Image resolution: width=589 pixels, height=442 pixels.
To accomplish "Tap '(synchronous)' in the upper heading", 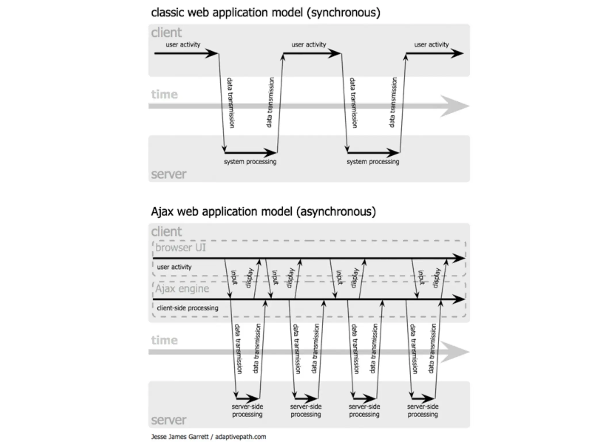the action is point(343,13).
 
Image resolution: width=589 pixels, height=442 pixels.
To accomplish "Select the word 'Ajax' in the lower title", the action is point(162,212).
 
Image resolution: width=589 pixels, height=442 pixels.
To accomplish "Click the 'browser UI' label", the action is point(181,248).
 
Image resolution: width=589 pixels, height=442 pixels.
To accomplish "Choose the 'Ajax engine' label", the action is point(182,289).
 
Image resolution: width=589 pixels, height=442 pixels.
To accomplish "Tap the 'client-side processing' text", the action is point(188,308).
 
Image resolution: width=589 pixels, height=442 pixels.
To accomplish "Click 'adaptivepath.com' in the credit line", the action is point(240,437).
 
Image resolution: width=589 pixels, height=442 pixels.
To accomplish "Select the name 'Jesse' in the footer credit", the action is point(159,437).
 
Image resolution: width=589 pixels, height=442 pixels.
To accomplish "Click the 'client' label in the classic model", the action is point(167,33).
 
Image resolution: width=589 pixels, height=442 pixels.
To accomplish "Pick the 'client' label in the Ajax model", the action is point(167,232).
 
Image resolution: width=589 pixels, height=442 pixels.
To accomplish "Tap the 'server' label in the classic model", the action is point(169,174).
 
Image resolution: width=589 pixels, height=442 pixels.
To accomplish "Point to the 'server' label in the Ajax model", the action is point(169,420).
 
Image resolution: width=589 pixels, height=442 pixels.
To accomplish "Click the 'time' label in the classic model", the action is point(165,95).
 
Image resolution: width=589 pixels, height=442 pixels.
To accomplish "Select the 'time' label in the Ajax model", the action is point(165,340).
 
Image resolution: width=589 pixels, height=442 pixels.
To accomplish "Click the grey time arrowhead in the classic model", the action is point(456,106).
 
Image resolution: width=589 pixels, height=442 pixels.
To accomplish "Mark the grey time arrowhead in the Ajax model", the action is point(456,352).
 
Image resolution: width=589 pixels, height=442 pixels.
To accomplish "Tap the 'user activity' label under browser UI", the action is point(174,267).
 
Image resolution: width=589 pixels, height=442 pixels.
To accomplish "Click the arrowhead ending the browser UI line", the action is point(459,258).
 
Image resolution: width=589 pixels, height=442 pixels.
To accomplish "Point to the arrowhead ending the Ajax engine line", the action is point(459,299).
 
